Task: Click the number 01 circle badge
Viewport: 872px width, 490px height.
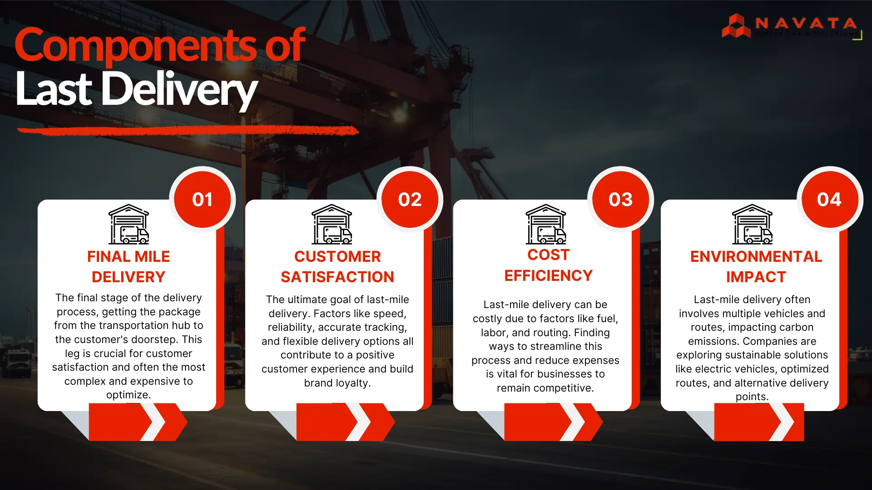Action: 202,200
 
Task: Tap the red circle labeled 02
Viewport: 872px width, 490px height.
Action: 410,200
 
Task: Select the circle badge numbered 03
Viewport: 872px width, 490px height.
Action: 620,200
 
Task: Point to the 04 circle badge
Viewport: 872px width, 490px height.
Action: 829,200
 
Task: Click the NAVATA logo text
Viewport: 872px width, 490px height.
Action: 806,23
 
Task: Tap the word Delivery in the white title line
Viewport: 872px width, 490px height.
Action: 179,89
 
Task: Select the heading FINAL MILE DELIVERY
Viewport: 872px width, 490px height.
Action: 129,267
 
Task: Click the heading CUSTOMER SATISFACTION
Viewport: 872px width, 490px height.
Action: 337,267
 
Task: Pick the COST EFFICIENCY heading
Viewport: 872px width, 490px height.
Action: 548,265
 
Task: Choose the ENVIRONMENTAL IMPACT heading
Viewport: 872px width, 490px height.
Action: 756,267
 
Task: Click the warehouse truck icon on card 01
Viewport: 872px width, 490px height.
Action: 129,224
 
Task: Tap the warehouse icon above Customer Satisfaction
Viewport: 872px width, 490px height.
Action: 332,224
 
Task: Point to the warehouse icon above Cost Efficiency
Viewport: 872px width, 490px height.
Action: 546,224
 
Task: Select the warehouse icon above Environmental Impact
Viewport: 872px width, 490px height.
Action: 753,224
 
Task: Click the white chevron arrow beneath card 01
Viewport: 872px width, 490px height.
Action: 156,422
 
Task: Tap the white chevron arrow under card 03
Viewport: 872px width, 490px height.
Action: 573,422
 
